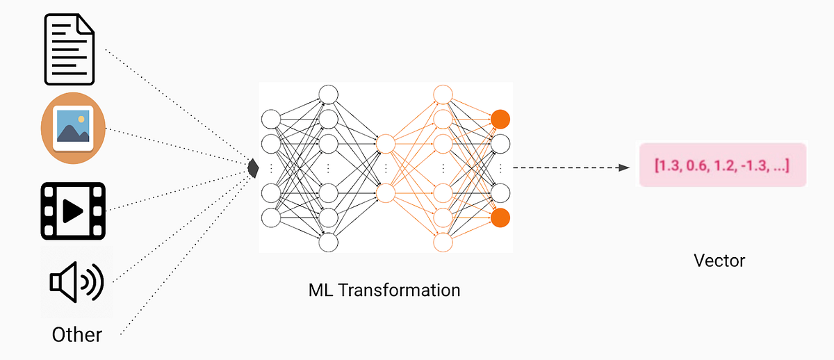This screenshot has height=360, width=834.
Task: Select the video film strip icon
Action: click(x=73, y=210)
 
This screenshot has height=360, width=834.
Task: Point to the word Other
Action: click(x=76, y=334)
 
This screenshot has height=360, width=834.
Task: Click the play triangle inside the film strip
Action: click(x=73, y=210)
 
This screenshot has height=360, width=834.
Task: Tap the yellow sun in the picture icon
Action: click(x=82, y=120)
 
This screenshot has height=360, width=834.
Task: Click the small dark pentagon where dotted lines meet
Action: click(x=254, y=167)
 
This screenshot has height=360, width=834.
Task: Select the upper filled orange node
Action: click(x=500, y=119)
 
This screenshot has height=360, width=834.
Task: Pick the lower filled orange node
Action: click(x=500, y=218)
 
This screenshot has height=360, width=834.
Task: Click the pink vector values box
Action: click(x=722, y=165)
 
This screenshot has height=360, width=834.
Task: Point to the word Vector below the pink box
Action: click(x=719, y=261)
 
